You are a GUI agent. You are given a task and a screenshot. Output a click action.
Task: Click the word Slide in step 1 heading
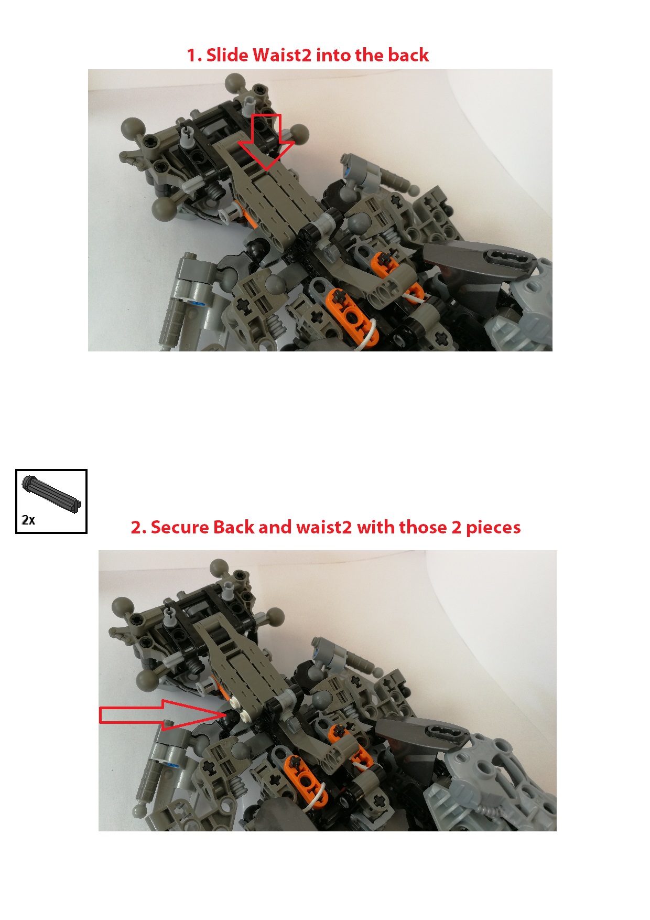coord(227,55)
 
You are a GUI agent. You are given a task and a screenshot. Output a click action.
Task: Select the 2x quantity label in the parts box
coord(28,520)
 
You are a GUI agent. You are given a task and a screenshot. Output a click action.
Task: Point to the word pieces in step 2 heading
coord(493,527)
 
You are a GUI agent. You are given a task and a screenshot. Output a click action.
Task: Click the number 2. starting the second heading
coord(138,527)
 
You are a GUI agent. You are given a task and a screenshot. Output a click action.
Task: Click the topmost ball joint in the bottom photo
coord(220,569)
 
